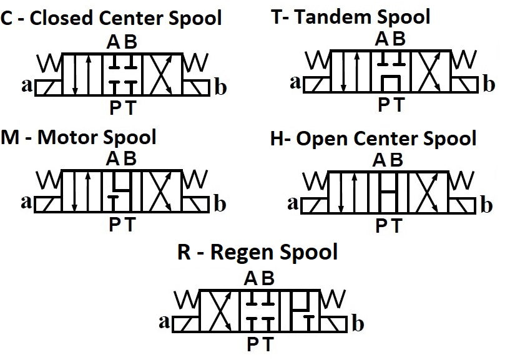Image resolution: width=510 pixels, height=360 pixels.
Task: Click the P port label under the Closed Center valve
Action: click(x=115, y=108)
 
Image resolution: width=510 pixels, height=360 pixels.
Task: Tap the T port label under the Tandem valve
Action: click(x=398, y=105)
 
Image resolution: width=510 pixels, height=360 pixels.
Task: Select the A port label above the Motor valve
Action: click(x=113, y=159)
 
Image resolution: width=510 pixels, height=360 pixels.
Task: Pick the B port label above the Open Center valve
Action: click(x=396, y=160)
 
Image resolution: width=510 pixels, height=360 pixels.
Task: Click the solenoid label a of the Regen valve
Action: click(x=164, y=322)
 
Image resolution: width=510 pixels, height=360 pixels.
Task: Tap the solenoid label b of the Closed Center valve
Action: click(x=221, y=87)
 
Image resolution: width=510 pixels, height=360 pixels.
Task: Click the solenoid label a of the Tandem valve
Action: click(x=295, y=82)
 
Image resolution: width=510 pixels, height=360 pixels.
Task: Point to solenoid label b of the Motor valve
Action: click(x=220, y=204)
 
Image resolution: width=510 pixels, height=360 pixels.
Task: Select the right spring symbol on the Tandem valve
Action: click(x=464, y=60)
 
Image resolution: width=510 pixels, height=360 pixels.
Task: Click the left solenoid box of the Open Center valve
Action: click(x=315, y=205)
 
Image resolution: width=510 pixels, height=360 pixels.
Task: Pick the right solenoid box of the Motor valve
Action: click(x=195, y=205)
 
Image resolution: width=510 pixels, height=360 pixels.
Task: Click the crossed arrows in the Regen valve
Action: click(x=220, y=311)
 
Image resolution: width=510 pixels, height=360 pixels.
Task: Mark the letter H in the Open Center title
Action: click(x=277, y=139)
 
